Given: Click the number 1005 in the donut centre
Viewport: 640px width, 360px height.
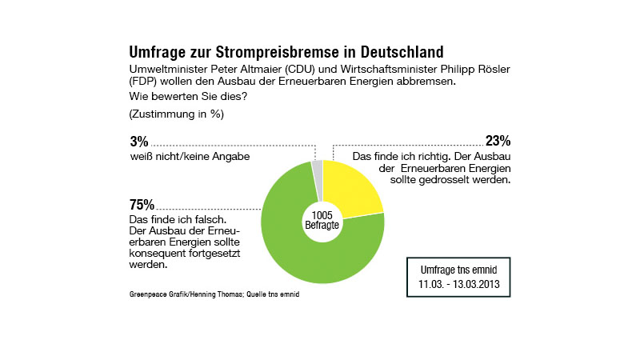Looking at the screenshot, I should pyautogui.click(x=322, y=214).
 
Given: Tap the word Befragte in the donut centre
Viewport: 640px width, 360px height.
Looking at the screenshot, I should pyautogui.click(x=322, y=226).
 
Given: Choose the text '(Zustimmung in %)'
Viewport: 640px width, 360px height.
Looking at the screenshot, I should pyautogui.click(x=176, y=114).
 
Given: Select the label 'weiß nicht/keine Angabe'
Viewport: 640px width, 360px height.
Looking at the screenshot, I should pyautogui.click(x=190, y=156).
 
